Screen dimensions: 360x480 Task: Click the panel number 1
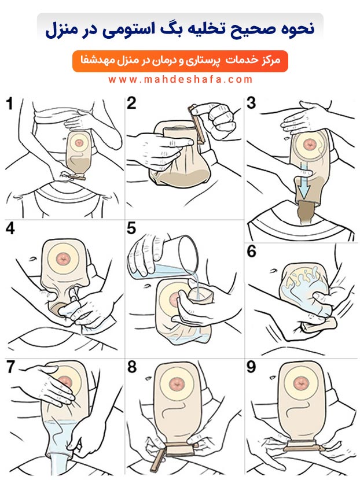tap(10, 104)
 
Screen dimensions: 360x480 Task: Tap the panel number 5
tap(131, 228)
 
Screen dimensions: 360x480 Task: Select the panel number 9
tap(251, 367)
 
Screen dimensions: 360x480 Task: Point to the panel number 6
tap(252, 251)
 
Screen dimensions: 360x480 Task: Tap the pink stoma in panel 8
tap(177, 383)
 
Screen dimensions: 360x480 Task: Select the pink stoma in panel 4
tap(64, 259)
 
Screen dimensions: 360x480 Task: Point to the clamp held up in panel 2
tap(197, 124)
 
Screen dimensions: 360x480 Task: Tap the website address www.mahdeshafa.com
tap(180, 80)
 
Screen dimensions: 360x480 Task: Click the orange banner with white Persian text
tap(180, 61)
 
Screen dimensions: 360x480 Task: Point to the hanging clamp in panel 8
tap(158, 459)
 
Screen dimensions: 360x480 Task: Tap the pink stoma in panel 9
tap(300, 383)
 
